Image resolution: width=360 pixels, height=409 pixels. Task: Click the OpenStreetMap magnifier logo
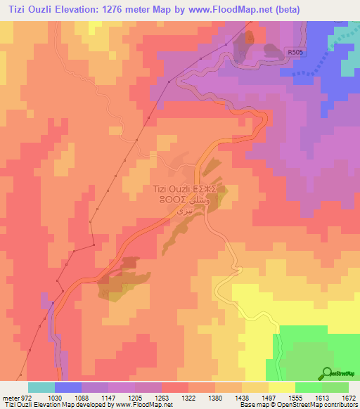click(x=326, y=373)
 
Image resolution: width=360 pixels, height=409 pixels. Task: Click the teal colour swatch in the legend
click(x=41, y=387)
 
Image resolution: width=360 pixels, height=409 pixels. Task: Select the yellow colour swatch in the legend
click(x=282, y=387)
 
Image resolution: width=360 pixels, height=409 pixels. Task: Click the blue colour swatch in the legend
click(x=68, y=387)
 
